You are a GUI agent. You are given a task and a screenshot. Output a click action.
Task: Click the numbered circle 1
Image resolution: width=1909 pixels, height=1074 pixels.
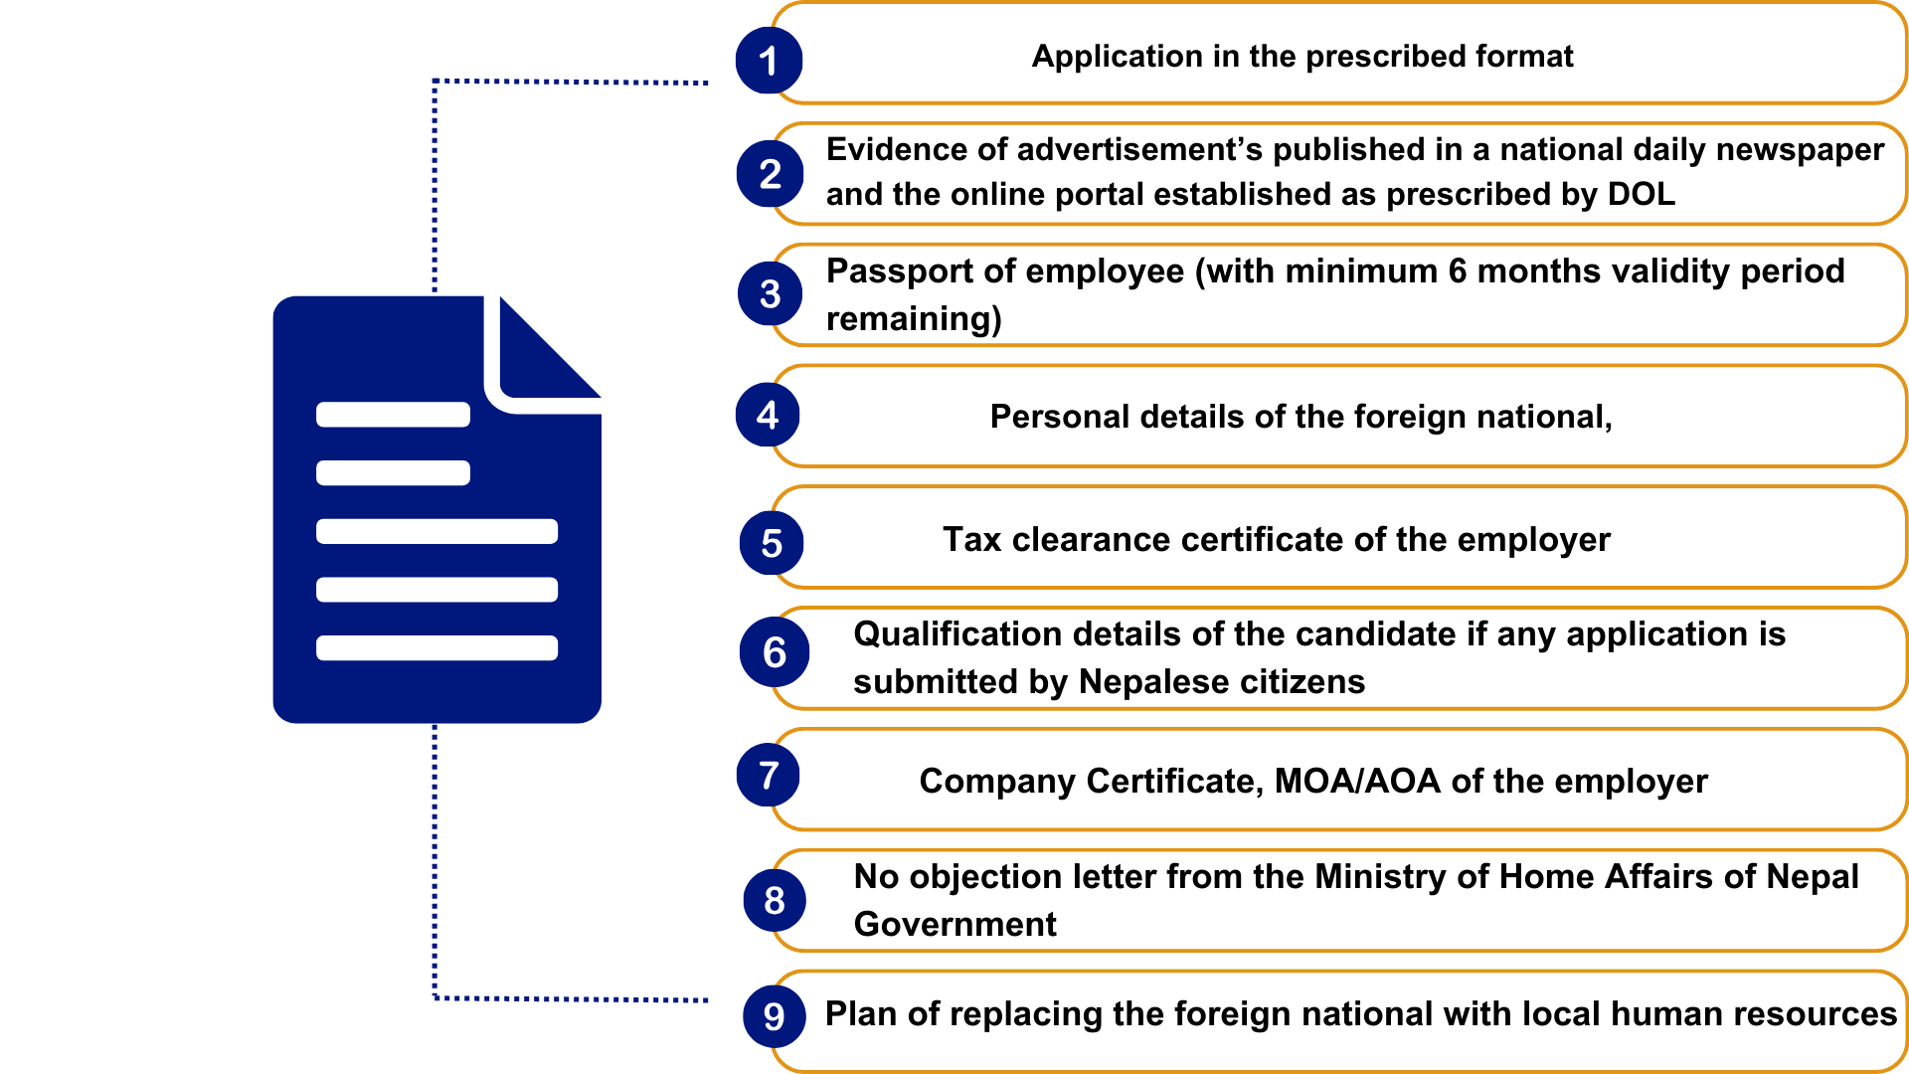(769, 61)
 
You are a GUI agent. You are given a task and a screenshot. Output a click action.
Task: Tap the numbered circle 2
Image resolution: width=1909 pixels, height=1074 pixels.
(770, 174)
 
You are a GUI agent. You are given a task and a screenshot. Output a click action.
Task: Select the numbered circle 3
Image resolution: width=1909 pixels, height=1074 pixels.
(770, 293)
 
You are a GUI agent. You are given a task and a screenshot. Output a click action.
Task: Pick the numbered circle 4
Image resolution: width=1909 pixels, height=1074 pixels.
(768, 415)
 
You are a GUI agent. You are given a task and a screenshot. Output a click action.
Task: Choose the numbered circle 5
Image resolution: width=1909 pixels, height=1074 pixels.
(772, 543)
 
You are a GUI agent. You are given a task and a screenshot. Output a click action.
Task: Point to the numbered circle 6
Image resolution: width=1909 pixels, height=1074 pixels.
(774, 652)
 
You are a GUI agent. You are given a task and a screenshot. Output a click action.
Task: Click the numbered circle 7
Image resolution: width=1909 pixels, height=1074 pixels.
(769, 775)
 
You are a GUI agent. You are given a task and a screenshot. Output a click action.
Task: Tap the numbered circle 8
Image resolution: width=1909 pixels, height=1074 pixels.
(775, 900)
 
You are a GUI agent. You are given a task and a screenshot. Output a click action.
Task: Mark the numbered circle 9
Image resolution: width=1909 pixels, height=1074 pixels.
(775, 1016)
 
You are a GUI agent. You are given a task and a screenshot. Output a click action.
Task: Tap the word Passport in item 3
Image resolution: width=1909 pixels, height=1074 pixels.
(906, 271)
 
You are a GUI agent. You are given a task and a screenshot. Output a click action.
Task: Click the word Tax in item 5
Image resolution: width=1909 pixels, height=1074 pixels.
(971, 540)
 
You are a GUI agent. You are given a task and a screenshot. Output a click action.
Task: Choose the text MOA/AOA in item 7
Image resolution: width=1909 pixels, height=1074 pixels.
(1357, 782)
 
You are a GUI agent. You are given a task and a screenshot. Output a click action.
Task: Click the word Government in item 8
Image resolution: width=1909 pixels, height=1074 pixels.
(954, 924)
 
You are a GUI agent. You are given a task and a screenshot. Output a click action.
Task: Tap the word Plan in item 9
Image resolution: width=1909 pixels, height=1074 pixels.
(861, 1014)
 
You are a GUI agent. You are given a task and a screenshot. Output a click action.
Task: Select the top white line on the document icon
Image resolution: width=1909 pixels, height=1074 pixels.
(393, 415)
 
